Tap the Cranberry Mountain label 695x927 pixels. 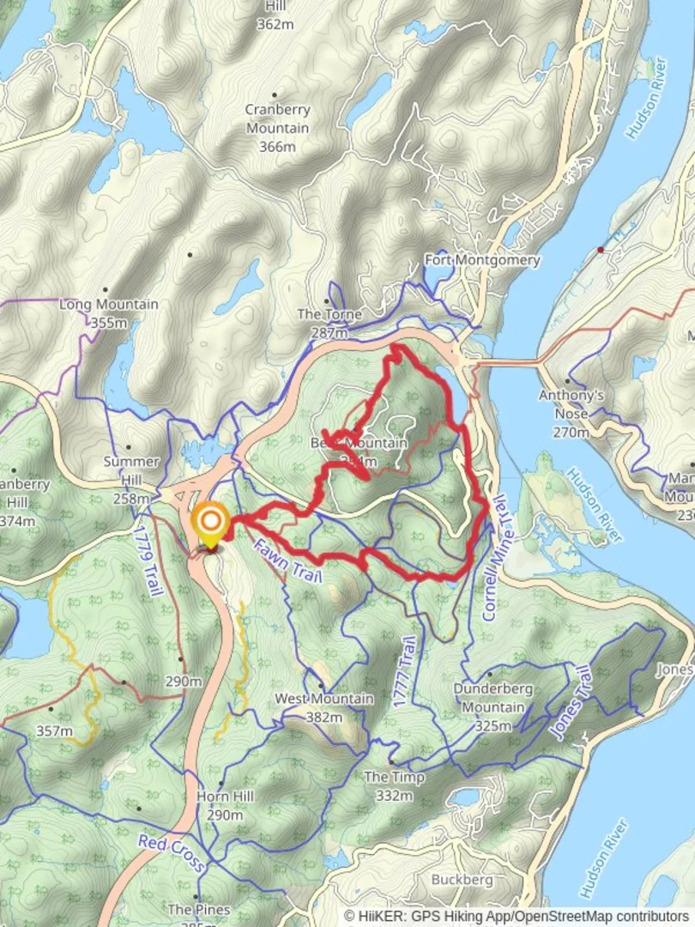click(x=277, y=119)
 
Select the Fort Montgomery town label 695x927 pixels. click(x=483, y=259)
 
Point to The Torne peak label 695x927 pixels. click(x=329, y=314)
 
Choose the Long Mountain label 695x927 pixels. click(x=108, y=304)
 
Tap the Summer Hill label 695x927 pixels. click(x=131, y=461)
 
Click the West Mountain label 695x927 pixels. click(x=323, y=699)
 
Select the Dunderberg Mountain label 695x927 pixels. click(x=493, y=698)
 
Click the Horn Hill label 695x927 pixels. click(x=225, y=797)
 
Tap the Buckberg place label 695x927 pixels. click(x=462, y=879)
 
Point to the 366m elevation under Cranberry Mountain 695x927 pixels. click(x=277, y=147)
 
